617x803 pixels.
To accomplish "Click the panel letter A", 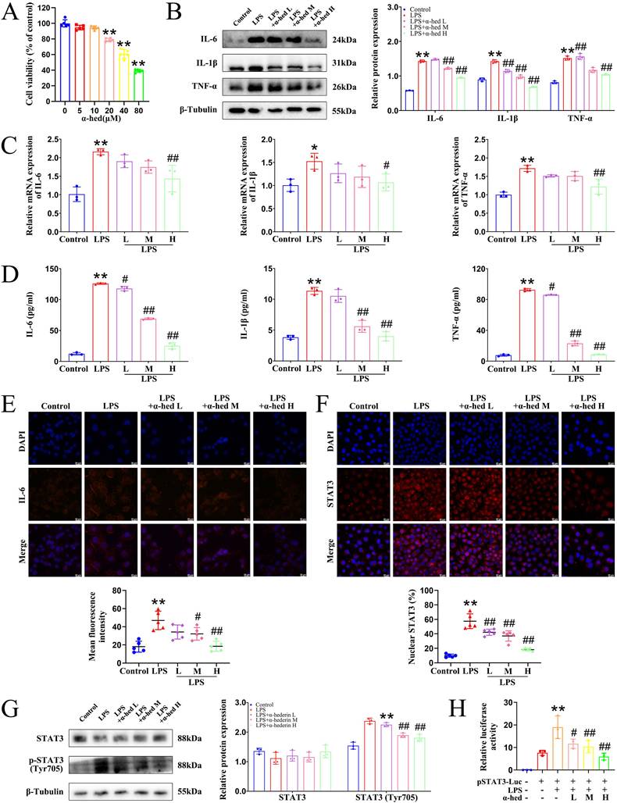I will tap(10, 12).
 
